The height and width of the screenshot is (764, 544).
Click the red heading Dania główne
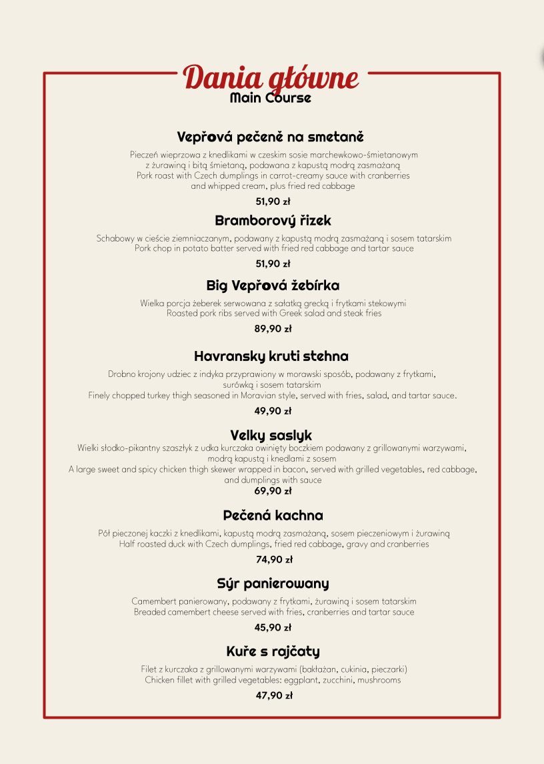click(271, 78)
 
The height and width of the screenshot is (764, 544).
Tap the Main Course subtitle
click(271, 98)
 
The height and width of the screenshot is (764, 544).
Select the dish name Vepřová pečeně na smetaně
click(271, 137)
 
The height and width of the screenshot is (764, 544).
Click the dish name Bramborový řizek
click(273, 220)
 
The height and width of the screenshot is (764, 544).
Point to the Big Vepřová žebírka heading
click(273, 286)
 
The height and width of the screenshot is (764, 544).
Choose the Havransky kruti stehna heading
click(271, 356)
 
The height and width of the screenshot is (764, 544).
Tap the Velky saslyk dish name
click(271, 436)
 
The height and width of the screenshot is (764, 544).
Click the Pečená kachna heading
click(273, 515)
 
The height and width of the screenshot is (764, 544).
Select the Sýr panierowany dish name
click(273, 584)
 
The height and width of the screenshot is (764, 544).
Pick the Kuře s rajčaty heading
click(273, 651)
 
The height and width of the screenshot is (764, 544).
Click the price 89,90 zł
click(273, 328)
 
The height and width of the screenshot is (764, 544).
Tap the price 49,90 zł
click(273, 411)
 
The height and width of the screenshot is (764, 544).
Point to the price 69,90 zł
click(273, 491)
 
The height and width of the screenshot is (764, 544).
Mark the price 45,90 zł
click(273, 627)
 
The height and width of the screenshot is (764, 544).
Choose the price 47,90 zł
click(274, 695)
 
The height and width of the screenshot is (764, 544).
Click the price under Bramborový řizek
click(273, 264)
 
